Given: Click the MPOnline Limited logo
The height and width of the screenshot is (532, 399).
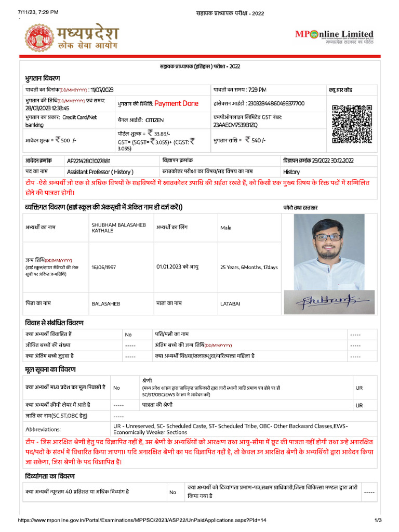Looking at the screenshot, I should tap(334, 36).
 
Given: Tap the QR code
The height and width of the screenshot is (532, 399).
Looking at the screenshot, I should tap(352, 123).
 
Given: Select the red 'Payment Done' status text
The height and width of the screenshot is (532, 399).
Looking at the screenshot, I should tap(176, 103).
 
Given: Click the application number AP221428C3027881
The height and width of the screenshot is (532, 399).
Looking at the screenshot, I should tap(89, 161).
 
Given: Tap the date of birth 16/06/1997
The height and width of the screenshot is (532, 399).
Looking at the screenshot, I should tap(103, 267).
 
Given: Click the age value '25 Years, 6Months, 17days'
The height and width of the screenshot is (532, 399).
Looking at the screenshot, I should tap(249, 267).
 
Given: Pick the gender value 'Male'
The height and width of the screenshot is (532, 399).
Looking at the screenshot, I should tap(226, 228).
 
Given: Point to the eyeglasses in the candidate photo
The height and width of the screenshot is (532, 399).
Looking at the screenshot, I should tap(328, 237).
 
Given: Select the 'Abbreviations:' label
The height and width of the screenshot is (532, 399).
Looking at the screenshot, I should tap(43, 429).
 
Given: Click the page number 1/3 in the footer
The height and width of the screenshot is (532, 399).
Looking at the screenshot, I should tap(378, 520).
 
